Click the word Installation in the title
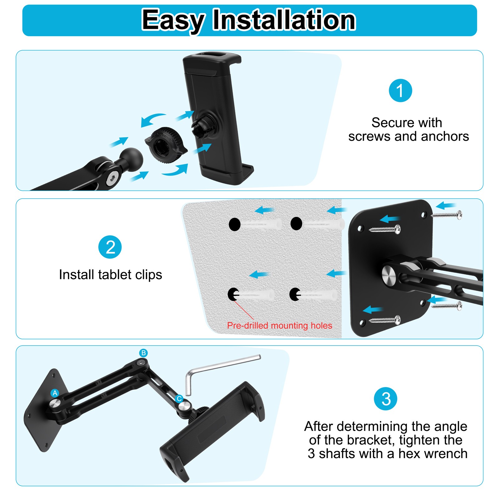tap(284, 20)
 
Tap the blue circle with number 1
tap(400, 90)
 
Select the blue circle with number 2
tap(110, 247)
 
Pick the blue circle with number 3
tap(386, 399)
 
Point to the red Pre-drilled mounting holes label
tap(279, 326)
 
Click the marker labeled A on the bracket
tap(55, 393)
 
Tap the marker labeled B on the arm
tap(143, 353)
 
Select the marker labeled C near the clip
tap(179, 399)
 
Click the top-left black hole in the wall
tap(235, 224)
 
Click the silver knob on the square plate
tap(389, 274)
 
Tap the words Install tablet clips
tap(110, 275)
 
